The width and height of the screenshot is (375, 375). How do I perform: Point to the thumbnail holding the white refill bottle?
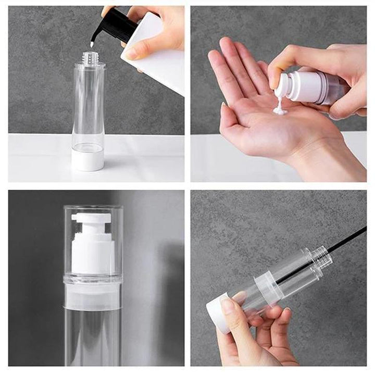(130, 53)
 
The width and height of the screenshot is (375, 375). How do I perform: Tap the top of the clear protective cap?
(93, 208)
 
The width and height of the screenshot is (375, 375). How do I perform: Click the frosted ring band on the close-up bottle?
(92, 297)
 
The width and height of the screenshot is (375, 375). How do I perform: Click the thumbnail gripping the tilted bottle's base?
(228, 305)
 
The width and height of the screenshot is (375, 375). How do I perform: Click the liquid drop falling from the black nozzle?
(92, 44)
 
